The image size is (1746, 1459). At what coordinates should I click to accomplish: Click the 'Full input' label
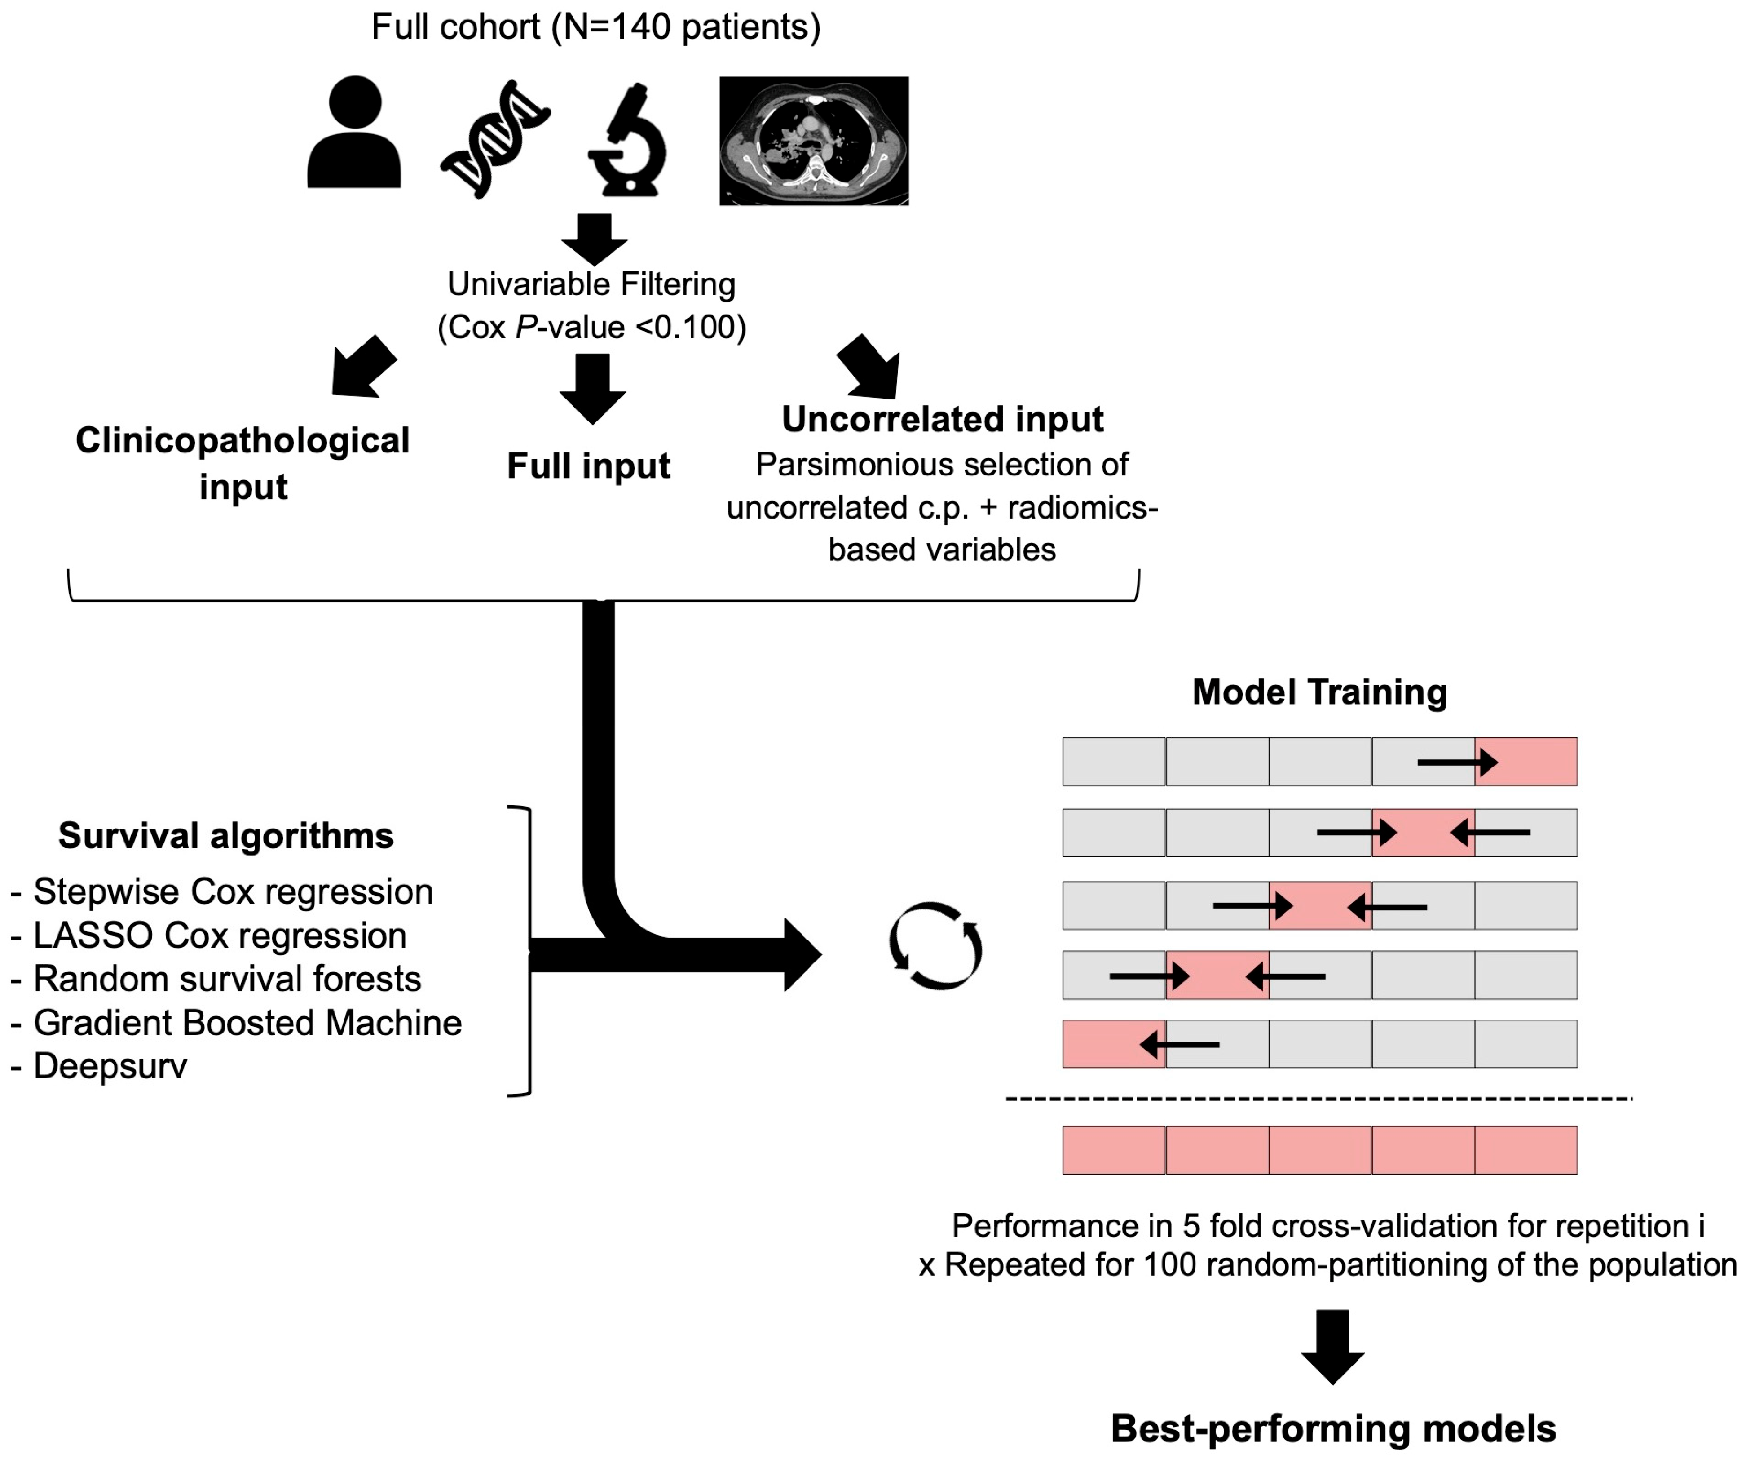(x=589, y=466)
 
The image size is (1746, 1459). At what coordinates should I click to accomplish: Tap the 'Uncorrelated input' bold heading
(x=943, y=419)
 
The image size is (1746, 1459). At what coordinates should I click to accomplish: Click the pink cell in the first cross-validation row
(x=1526, y=761)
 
